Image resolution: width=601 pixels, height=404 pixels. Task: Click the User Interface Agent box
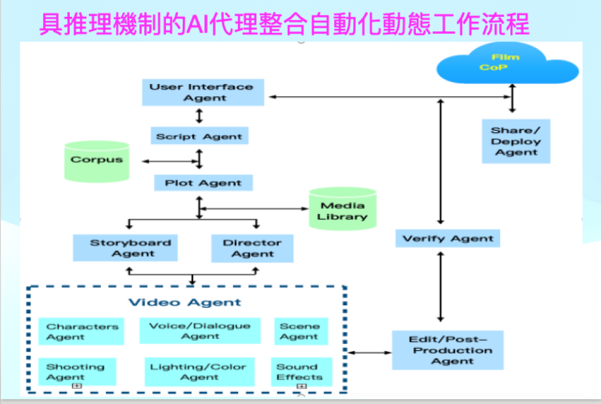click(x=203, y=92)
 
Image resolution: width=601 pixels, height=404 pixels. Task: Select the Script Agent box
click(x=199, y=136)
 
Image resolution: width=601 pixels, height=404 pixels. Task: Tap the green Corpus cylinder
click(x=96, y=161)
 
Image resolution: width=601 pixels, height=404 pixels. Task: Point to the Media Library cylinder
click(x=342, y=210)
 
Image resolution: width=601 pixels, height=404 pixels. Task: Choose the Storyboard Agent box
click(x=125, y=248)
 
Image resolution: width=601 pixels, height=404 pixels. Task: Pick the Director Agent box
click(x=252, y=248)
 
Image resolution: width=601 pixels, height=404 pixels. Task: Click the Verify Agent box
click(x=448, y=238)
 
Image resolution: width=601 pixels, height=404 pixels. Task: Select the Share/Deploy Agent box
click(x=516, y=141)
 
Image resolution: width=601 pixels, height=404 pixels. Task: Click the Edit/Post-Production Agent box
click(x=447, y=350)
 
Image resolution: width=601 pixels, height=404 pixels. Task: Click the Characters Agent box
click(x=81, y=331)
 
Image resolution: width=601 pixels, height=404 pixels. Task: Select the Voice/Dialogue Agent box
click(x=200, y=331)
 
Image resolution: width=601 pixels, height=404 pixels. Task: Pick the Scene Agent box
click(x=300, y=331)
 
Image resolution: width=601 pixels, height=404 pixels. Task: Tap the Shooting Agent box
click(x=76, y=372)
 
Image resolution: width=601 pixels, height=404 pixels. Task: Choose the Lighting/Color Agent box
click(x=199, y=372)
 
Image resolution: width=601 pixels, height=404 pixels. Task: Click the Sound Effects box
click(x=299, y=372)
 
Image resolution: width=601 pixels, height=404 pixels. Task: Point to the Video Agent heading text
click(x=185, y=302)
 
